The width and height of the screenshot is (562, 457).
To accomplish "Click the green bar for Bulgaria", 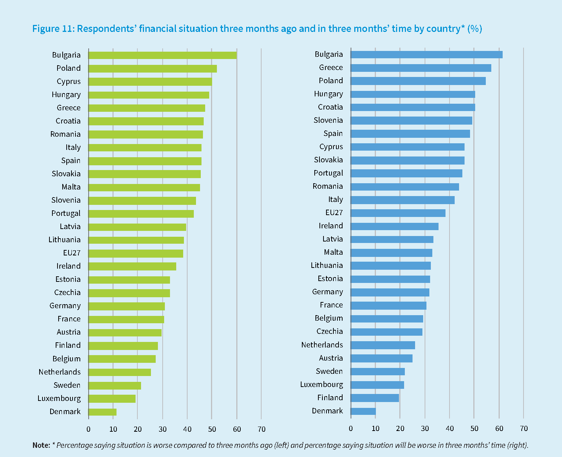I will point(162,55).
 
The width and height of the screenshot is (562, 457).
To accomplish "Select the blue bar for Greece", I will point(421,68).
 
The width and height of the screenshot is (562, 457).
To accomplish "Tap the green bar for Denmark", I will point(103,412).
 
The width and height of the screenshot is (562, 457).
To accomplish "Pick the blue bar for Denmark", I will point(363,411).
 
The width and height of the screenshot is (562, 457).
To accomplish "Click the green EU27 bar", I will point(136,253).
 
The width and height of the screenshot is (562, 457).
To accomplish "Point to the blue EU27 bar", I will point(398,213).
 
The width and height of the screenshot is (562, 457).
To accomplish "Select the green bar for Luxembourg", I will point(112,398).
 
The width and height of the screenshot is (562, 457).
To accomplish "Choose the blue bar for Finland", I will point(375,398).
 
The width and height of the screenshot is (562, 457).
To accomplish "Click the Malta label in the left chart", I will point(71,187).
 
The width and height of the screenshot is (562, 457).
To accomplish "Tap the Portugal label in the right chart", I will point(328,173).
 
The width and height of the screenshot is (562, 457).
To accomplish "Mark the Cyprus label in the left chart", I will point(69,81).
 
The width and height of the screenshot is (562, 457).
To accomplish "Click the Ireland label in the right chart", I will point(331,226).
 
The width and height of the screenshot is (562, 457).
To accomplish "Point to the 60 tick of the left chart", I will point(237,429).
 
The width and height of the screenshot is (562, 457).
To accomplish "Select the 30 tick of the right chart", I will point(425,428).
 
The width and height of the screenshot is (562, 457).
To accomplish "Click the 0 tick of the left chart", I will point(88,429).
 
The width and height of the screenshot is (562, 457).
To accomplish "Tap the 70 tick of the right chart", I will point(524,428).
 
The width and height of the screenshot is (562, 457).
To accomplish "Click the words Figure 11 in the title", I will point(53,29).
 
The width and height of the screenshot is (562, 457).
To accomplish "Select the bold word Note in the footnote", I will point(41,445).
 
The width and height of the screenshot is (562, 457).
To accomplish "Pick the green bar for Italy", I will point(145,148).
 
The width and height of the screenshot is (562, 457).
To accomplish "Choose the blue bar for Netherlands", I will point(383,345).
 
